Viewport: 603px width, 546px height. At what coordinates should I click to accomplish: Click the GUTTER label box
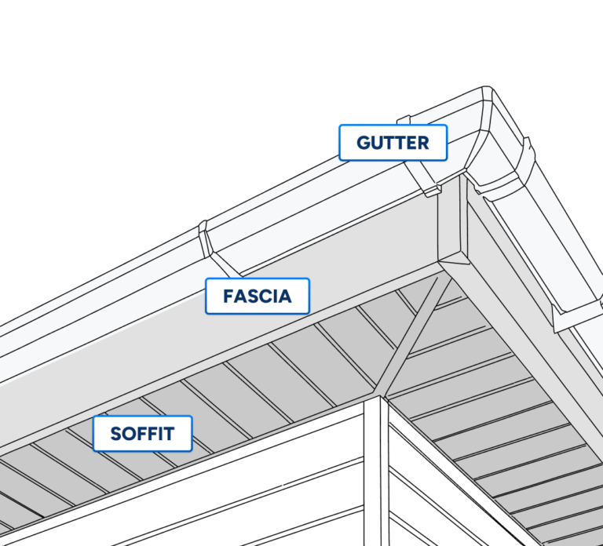click(x=393, y=143)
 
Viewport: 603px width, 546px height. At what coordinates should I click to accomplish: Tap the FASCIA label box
click(x=258, y=297)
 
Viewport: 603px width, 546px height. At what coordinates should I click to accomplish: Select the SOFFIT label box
click(x=142, y=434)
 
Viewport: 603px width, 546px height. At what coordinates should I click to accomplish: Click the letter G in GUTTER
click(x=364, y=143)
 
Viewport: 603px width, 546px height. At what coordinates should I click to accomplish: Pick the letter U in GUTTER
click(x=376, y=143)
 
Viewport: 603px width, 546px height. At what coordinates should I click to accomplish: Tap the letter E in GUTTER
click(x=411, y=143)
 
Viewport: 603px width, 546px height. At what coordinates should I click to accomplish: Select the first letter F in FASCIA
click(x=228, y=297)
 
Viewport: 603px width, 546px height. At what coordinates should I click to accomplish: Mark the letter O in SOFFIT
click(x=128, y=434)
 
